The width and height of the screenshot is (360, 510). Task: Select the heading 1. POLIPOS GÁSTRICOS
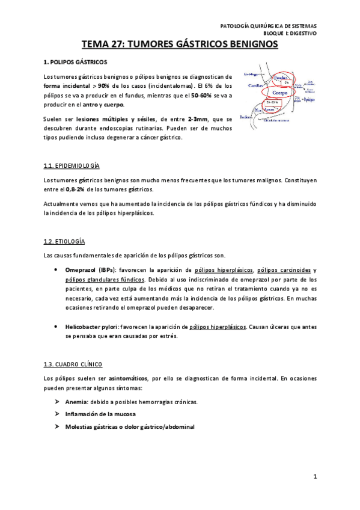76,61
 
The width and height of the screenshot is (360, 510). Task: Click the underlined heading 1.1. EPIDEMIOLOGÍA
72,165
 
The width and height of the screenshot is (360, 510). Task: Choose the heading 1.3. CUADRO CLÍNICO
73,364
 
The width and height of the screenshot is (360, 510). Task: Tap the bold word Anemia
76,402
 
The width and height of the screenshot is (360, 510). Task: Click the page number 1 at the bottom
314,477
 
